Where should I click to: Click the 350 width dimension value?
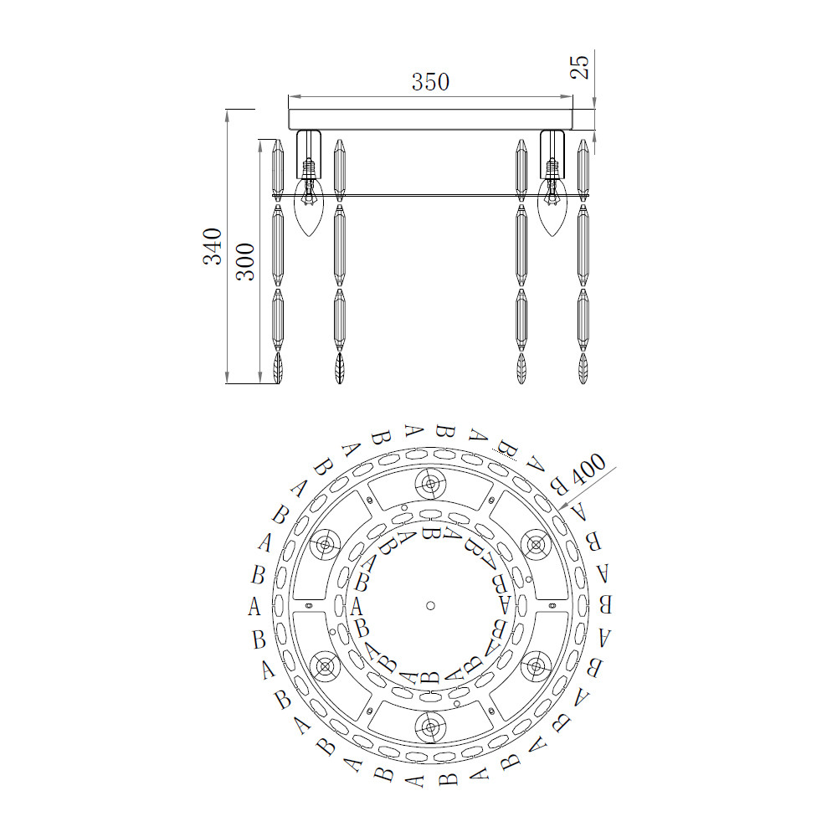pyautogui.click(x=430, y=82)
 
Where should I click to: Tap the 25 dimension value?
pyautogui.click(x=580, y=67)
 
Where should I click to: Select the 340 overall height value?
pyautogui.click(x=213, y=246)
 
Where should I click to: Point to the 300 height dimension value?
pyautogui.click(x=245, y=261)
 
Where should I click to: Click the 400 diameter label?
pyautogui.click(x=588, y=469)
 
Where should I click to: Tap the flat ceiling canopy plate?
pyautogui.click(x=431, y=120)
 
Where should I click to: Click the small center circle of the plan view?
pyautogui.click(x=431, y=605)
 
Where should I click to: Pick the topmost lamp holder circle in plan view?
pyautogui.click(x=430, y=484)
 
